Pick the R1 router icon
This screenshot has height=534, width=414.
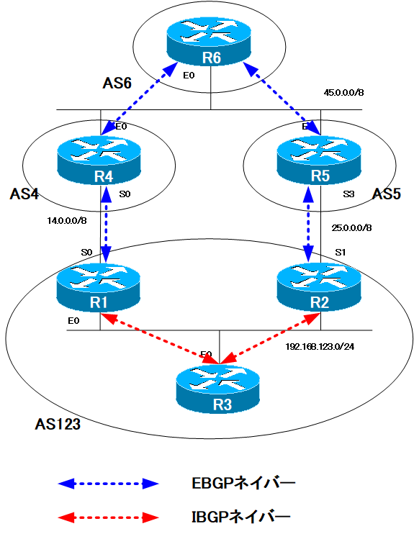[100, 290]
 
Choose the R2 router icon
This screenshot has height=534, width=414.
[320, 290]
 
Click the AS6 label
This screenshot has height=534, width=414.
[117, 83]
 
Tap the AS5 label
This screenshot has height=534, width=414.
[389, 194]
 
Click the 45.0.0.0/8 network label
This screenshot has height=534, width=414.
[345, 92]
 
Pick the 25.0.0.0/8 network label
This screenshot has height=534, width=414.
[351, 228]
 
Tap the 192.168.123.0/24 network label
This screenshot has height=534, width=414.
[320, 345]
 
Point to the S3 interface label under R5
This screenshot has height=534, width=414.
[349, 194]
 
